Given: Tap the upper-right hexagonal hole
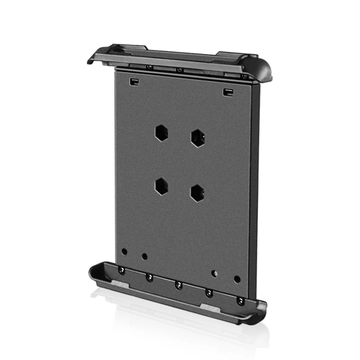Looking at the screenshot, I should click(197, 138).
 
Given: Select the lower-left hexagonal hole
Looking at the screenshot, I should click(161, 186).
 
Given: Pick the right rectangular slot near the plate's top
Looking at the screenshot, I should click(228, 92).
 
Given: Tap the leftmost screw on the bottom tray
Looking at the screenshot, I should click(121, 270).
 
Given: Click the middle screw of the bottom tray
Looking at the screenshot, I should click(179, 285).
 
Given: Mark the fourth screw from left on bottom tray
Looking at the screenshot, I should click(209, 293).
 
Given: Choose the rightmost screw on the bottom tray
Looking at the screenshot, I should click(241, 301).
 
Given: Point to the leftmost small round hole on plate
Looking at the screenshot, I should click(125, 252).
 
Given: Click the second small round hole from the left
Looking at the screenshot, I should click(144, 256).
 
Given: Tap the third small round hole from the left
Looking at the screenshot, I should click(214, 273).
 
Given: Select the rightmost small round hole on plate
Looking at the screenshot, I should click(237, 279).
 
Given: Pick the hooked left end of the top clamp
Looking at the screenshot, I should click(93, 58).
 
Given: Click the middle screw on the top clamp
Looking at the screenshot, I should click(179, 70).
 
